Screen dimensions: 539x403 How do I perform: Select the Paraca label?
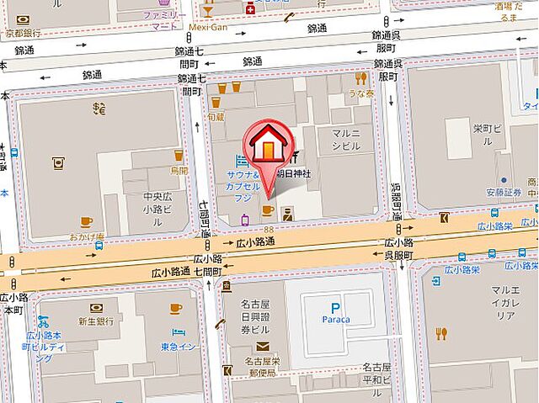[335, 320]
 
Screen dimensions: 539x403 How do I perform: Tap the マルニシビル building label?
[345, 139]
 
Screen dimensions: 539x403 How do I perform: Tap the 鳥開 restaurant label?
[179, 169]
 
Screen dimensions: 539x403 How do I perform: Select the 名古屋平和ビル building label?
[376, 373]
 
